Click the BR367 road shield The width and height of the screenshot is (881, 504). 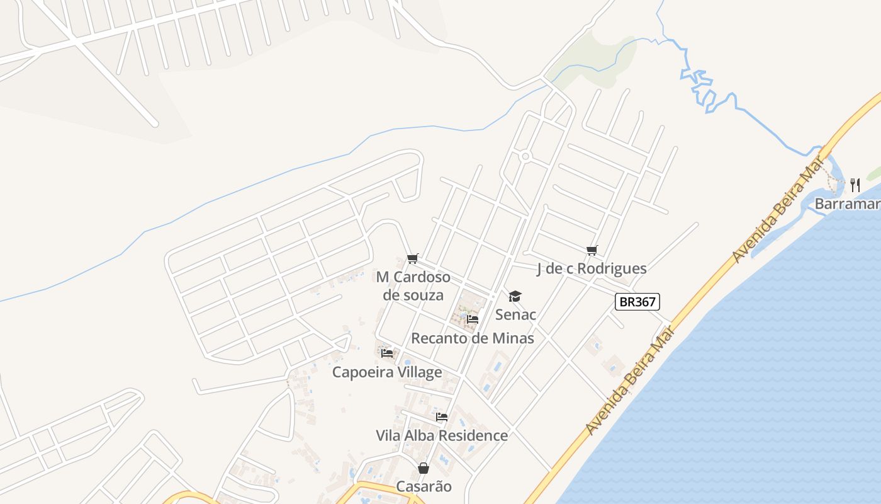(x=637, y=302)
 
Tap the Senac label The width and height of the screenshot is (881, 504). (x=515, y=314)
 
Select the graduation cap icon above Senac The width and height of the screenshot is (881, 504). (x=515, y=296)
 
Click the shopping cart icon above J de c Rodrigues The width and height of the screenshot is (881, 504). (x=592, y=251)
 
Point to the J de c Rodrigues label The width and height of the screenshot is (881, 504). (x=592, y=268)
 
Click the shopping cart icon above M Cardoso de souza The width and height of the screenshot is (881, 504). (x=413, y=258)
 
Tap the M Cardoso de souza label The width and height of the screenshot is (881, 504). (x=413, y=286)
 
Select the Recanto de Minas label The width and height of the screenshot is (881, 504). (x=473, y=338)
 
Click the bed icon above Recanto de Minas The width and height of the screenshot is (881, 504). (x=473, y=319)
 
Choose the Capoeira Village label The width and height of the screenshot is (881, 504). (x=387, y=372)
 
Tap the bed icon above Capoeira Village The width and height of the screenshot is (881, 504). (x=387, y=353)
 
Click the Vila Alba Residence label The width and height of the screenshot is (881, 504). (x=442, y=435)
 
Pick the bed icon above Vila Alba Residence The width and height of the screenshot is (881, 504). (x=442, y=417)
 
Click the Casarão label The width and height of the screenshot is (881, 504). (x=424, y=486)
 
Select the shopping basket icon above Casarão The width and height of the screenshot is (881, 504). (x=424, y=468)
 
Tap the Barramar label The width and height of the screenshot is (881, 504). (x=847, y=203)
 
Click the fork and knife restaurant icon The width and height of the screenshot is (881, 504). (x=855, y=185)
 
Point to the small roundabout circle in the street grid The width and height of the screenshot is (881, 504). (x=525, y=156)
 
